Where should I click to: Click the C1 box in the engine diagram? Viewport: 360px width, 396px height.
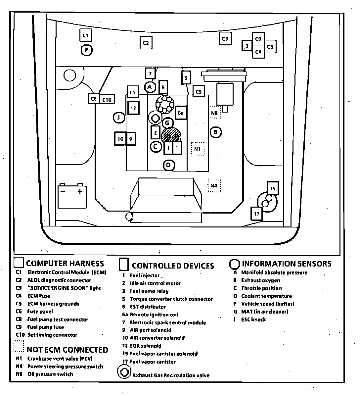85,35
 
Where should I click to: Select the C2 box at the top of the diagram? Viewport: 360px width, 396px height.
146,43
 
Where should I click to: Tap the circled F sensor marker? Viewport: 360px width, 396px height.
86,50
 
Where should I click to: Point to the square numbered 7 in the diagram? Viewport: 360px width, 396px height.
150,74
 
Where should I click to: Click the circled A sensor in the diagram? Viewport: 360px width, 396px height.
150,87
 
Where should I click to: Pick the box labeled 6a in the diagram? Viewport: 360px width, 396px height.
180,113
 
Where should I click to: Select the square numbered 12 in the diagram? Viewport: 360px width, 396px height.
133,108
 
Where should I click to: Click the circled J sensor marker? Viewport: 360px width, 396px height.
118,117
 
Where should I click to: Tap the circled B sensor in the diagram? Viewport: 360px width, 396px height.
215,132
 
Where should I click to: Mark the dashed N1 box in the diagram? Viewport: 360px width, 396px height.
198,149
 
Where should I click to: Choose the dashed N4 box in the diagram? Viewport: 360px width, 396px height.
214,185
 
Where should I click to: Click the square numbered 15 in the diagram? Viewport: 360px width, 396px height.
272,188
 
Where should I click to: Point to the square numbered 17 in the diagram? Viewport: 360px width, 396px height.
257,214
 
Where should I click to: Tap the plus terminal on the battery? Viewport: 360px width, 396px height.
80,191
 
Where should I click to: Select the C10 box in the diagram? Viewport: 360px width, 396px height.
107,99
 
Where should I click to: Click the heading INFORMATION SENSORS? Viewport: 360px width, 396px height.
286,264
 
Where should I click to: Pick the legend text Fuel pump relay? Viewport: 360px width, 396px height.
149,291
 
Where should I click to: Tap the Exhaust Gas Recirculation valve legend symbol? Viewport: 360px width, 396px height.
124,372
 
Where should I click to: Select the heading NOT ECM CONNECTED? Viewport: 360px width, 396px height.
67,350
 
